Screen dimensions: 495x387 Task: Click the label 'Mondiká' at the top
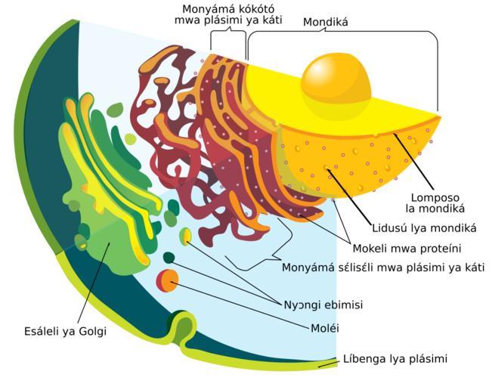click(x=326, y=22)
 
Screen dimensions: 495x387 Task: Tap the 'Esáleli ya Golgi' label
click(x=65, y=331)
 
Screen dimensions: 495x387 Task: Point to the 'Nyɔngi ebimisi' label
click(x=323, y=305)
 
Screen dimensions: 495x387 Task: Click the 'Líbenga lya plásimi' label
click(x=395, y=359)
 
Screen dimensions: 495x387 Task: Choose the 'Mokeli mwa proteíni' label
click(x=407, y=249)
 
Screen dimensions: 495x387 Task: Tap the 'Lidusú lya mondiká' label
click(x=424, y=228)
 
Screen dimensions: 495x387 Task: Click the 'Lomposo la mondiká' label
click(x=435, y=203)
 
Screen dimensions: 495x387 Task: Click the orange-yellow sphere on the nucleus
click(x=336, y=78)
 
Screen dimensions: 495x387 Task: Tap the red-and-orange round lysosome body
click(x=167, y=280)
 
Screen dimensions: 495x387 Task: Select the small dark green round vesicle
click(x=169, y=258)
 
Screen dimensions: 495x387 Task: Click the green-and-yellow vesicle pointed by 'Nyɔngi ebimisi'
click(x=185, y=237)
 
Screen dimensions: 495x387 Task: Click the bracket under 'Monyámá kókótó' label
click(x=228, y=41)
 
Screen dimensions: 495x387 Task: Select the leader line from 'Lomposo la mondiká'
click(x=413, y=162)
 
